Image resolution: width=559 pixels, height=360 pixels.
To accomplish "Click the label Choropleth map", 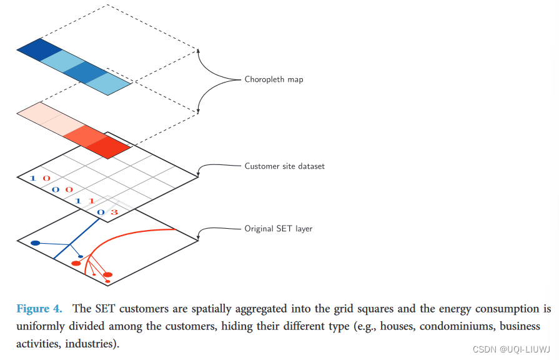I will click(x=274, y=79).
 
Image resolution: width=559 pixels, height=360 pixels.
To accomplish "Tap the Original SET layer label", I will click(x=278, y=229).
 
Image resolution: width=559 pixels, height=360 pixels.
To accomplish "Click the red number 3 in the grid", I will click(x=114, y=212).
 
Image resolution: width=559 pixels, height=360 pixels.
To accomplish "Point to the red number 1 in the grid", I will click(x=91, y=201).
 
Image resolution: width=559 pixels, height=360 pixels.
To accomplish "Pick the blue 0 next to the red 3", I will click(x=101, y=212).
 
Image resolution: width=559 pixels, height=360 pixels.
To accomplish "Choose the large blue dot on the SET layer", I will click(x=36, y=242).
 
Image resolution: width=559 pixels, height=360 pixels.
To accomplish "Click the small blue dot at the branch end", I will click(x=81, y=256).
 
